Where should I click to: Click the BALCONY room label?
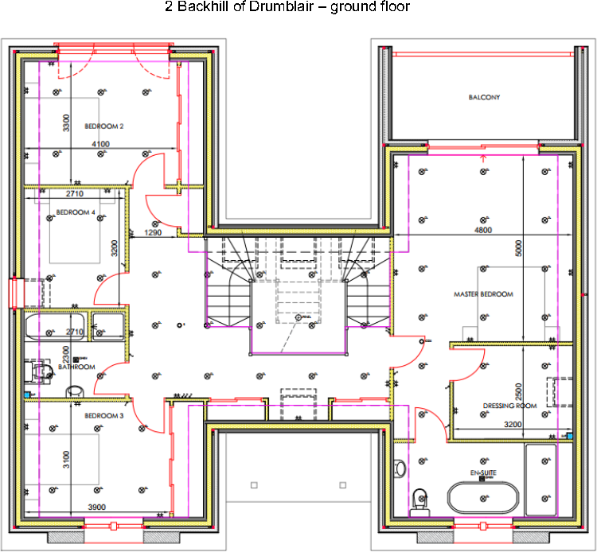pos(484,98)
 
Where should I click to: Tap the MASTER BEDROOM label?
pos(483,294)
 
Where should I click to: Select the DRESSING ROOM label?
pos(509,406)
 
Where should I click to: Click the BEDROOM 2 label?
pos(103,126)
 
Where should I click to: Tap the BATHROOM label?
pos(77,367)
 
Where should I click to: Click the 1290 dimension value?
pos(153,233)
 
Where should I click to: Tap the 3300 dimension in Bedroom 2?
pos(67,123)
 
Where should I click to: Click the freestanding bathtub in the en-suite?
pos(483,499)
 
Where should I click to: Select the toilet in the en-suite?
pos(419,500)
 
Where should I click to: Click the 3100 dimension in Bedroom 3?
pos(67,461)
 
